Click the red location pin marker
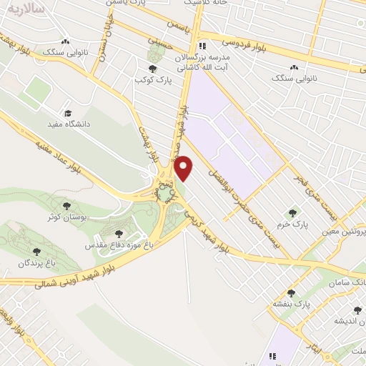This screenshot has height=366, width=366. (184, 167)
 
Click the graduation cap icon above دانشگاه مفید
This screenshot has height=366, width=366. (68, 113)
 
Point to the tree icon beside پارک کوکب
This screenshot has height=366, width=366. (152, 69)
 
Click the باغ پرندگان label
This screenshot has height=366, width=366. (37, 263)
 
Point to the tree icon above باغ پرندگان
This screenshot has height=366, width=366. (36, 252)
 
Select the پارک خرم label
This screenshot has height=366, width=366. (291, 224)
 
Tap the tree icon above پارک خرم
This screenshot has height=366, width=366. (291, 212)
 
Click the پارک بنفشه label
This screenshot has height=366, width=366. (290, 304)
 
